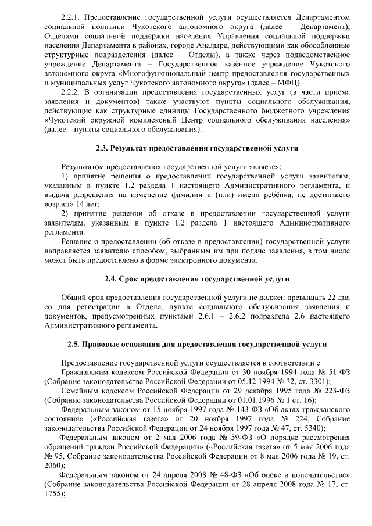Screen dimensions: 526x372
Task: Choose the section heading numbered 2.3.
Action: click(x=197, y=148)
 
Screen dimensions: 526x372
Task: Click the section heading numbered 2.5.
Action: click(x=197, y=344)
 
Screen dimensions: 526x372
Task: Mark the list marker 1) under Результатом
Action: click(x=64, y=175)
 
